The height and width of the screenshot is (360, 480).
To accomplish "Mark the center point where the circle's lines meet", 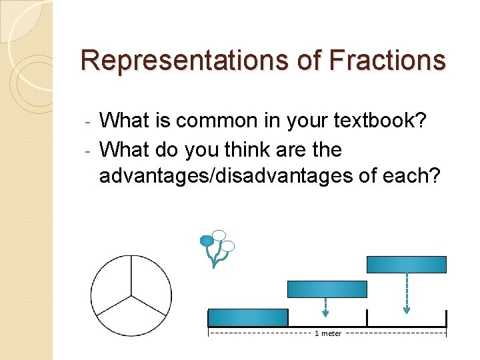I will (x=131, y=295).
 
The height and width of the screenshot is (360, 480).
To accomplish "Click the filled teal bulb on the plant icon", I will (x=207, y=240).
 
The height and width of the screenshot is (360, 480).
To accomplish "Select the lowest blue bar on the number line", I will (x=247, y=317).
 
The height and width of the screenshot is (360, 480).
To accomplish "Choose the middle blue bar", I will (x=327, y=289).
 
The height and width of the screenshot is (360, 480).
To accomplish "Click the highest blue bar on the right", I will (x=406, y=265).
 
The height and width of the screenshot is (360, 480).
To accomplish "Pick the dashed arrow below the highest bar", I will (x=407, y=293).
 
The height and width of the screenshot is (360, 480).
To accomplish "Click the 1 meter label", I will (x=327, y=333).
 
